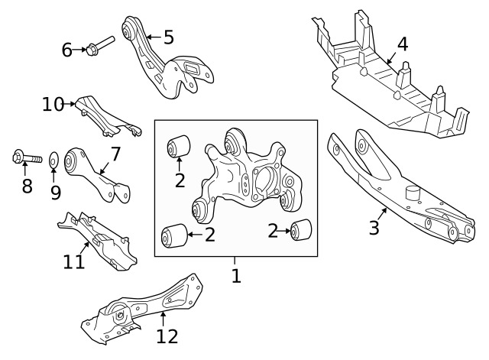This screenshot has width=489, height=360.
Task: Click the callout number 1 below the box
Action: [x=236, y=275]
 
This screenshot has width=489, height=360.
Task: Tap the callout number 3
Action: [x=374, y=228]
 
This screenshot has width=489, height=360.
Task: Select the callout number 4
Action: [x=402, y=44]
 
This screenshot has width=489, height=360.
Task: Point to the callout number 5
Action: [x=168, y=36]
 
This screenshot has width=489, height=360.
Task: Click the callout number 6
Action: [x=66, y=50]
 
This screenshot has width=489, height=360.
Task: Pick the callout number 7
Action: [x=115, y=154]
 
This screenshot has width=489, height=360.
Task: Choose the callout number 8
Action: [x=27, y=186]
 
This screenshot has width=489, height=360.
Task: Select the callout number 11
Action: [x=74, y=262]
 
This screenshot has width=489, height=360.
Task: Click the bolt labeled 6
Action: [x=99, y=44]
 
